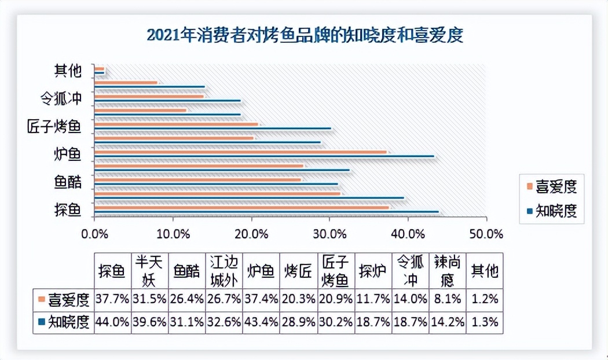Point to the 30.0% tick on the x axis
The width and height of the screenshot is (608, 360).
[330, 234]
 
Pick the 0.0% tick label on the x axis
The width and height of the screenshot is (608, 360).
[95, 234]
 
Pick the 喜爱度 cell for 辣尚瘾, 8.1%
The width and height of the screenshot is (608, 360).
[447, 300]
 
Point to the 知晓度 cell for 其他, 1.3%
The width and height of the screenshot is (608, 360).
[485, 322]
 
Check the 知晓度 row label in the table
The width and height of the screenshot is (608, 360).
[63, 322]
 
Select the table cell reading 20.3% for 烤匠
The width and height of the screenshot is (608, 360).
[298, 300]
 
